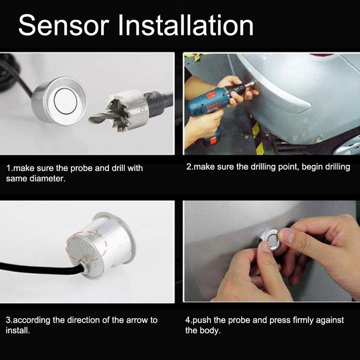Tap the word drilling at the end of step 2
pyautogui.click(x=336, y=167)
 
